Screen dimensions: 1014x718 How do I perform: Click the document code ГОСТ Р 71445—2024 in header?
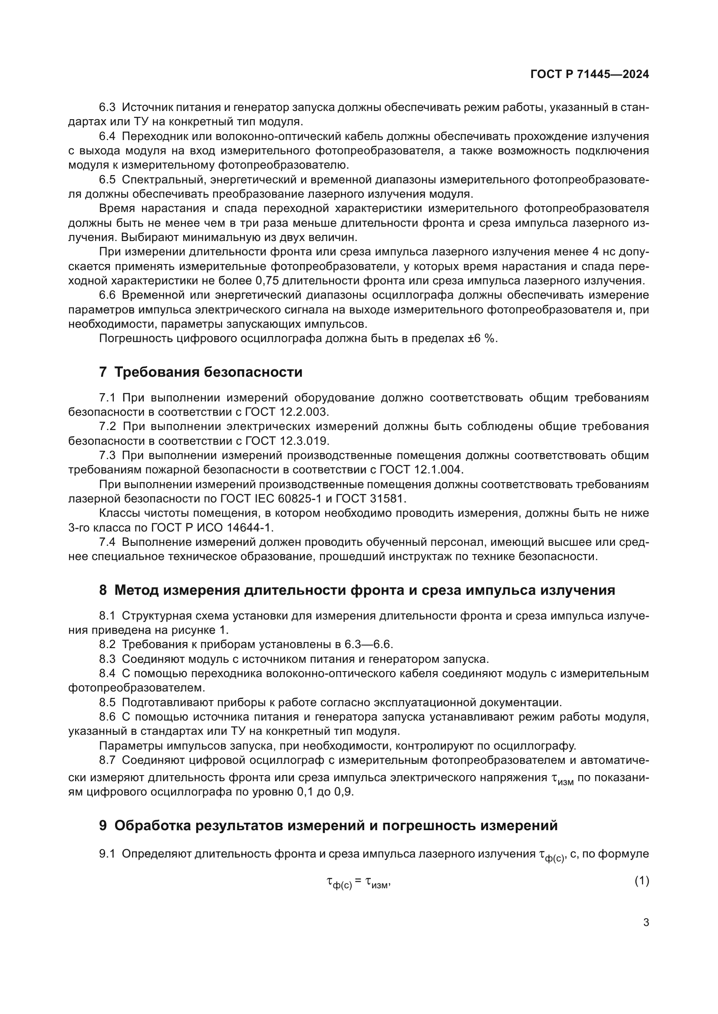[590, 74]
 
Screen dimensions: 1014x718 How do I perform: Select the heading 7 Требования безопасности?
[201, 372]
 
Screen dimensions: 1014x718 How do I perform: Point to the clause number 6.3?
[107, 108]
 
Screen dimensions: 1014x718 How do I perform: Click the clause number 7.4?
[107, 542]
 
